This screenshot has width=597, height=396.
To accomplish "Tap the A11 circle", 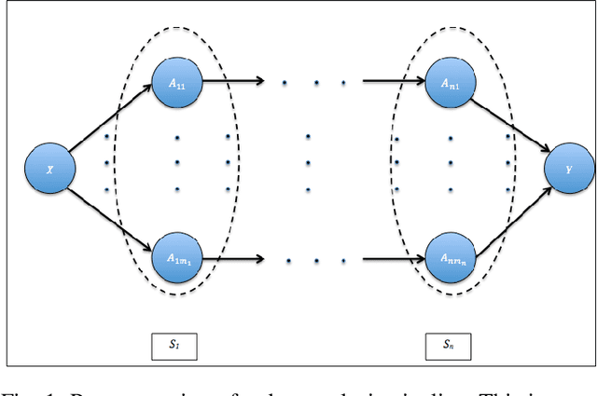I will coord(176,82).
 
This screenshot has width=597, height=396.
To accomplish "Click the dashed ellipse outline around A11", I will coord(116,168).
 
